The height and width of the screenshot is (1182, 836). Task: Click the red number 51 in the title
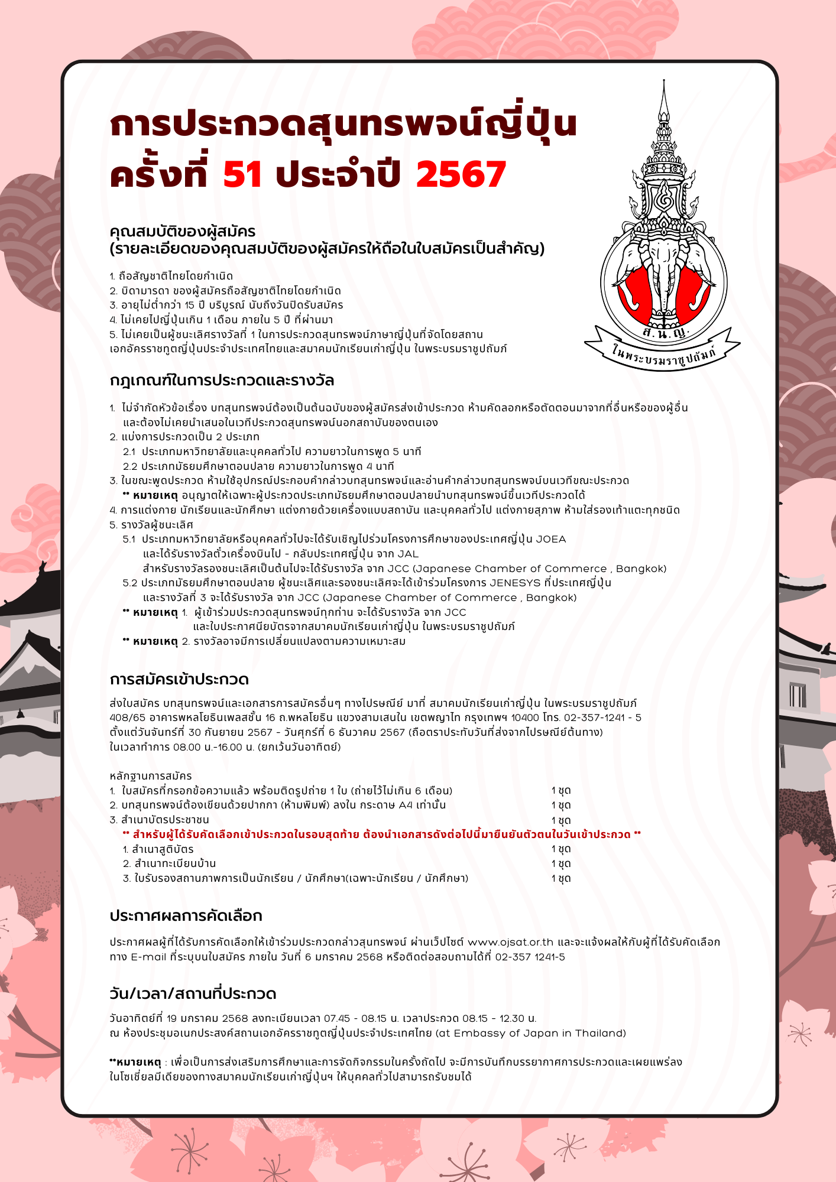242,175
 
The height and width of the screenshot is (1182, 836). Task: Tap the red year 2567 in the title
461,175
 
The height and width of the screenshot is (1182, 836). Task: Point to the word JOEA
551,540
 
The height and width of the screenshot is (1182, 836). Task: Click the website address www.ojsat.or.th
511,942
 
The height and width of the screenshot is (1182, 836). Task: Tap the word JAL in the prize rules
407,554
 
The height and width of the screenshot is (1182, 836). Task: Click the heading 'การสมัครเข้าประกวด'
179,680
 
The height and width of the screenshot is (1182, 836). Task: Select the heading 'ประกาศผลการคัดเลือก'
186,916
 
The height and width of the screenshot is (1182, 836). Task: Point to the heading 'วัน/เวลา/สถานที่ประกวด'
193,993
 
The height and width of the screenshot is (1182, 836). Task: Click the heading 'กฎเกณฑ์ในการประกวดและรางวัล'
222,381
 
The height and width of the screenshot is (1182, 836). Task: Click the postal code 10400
525,718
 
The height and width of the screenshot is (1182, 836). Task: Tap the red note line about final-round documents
381,834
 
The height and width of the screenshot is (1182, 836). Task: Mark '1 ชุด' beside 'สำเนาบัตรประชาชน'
561,820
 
